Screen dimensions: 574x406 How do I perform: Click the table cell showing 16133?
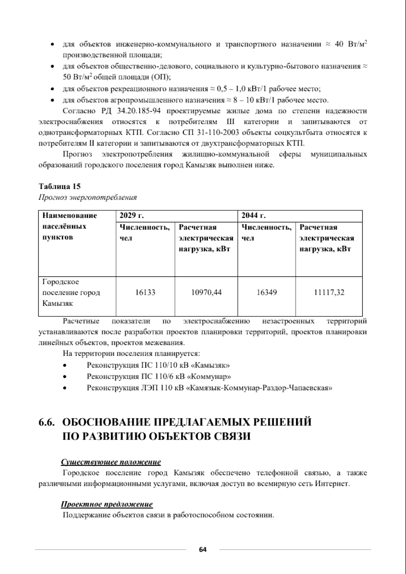click(145, 292)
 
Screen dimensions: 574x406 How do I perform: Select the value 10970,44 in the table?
click(206, 292)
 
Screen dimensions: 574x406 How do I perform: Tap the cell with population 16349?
click(267, 292)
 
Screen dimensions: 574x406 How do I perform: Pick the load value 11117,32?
click(329, 292)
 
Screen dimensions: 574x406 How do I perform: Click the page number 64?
click(203, 549)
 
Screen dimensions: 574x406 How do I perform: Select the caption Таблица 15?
click(60, 186)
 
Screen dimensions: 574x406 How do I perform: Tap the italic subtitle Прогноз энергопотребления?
click(88, 197)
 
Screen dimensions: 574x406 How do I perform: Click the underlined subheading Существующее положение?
click(111, 462)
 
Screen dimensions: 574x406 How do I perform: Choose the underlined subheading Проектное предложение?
click(107, 504)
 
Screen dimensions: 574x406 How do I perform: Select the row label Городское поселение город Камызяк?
click(71, 292)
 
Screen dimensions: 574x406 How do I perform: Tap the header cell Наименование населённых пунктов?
click(69, 226)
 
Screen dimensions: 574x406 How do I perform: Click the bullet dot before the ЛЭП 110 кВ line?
click(64, 388)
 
